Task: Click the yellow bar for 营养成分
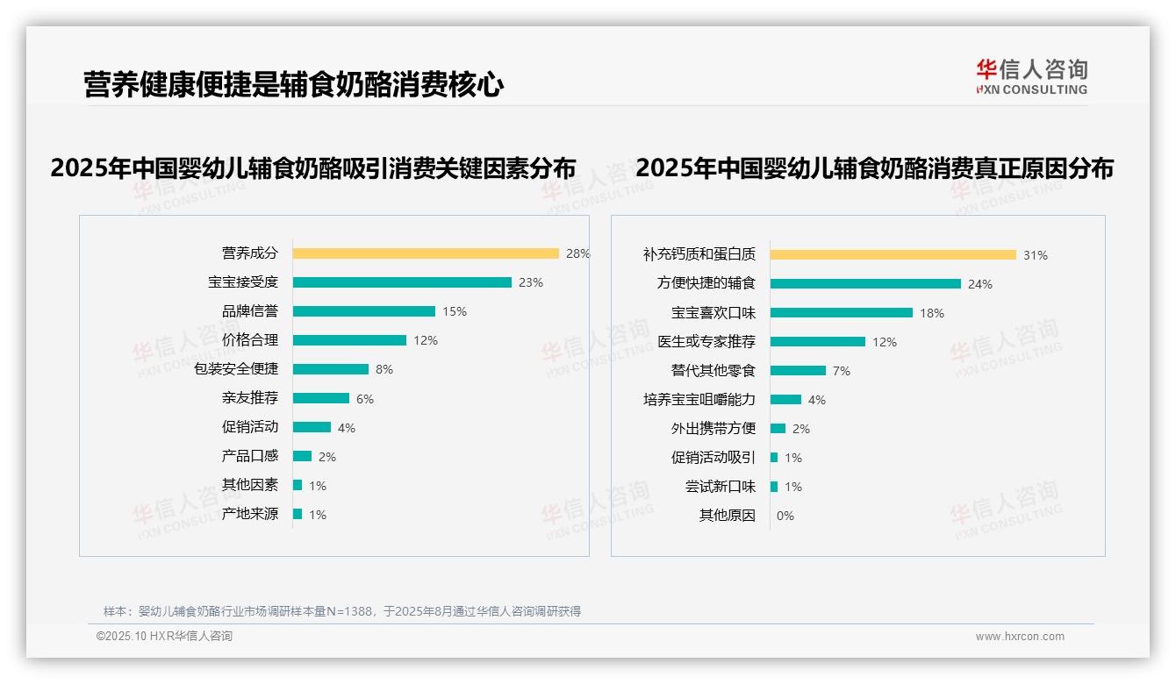tap(426, 253)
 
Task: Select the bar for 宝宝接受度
tap(402, 282)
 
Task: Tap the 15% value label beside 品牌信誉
tap(455, 311)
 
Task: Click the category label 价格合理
tap(249, 340)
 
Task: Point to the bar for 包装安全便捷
tap(331, 369)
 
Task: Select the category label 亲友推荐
tap(249, 398)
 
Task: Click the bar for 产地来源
tap(298, 514)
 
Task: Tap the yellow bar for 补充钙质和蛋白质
tap(893, 255)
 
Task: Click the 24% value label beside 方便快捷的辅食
tap(980, 284)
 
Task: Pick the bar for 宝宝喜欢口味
tap(842, 313)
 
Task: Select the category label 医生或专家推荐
tap(706, 342)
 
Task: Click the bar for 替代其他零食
tap(798, 371)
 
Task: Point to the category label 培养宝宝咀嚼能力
tap(699, 400)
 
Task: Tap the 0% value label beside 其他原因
tap(785, 516)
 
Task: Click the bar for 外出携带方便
tap(778, 429)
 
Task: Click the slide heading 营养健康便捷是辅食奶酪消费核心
tap(293, 85)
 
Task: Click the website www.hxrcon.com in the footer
tap(1020, 637)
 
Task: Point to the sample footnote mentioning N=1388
tap(342, 611)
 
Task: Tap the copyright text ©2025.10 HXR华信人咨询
tap(164, 637)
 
